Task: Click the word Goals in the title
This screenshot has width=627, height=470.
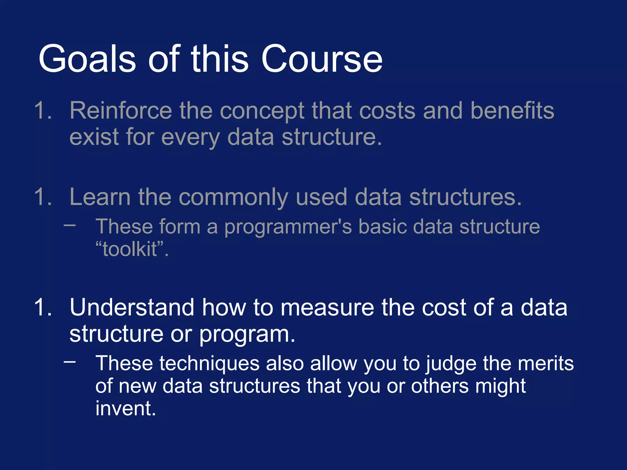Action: tap(87, 59)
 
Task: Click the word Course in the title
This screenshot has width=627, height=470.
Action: tap(321, 59)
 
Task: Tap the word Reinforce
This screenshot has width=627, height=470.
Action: tap(121, 111)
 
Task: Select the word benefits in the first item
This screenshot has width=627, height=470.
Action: tap(512, 111)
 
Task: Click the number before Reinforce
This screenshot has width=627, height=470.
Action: tap(43, 111)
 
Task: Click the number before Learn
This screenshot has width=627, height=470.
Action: tap(43, 197)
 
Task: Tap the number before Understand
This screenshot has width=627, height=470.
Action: tap(43, 308)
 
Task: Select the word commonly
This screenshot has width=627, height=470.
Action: tap(233, 198)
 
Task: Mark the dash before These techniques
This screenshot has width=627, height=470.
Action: tap(70, 362)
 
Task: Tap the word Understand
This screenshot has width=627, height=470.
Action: tap(132, 308)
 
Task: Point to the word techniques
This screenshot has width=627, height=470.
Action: tap(209, 364)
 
